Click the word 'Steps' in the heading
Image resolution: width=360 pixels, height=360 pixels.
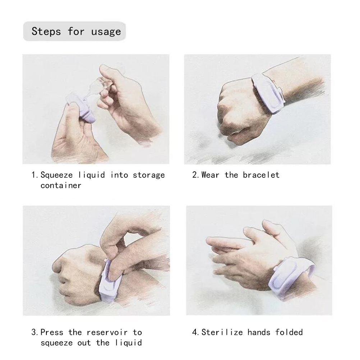tap(46, 31)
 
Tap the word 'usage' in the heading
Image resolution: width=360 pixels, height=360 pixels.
tap(106, 32)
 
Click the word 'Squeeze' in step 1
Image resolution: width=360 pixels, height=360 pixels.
tap(57, 175)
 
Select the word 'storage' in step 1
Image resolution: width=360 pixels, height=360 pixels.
tap(149, 175)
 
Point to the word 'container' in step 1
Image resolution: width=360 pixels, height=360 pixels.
tap(61, 185)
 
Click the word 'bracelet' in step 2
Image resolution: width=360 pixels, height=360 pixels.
tap(261, 175)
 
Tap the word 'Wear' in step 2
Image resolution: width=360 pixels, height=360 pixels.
tap(210, 175)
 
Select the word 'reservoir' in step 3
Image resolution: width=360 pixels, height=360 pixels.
tap(107, 332)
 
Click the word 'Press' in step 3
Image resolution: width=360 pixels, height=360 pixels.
tap(52, 332)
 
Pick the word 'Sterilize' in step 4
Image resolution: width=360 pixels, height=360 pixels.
tap(222, 332)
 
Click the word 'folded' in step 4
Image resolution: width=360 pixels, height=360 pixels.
tap(289, 332)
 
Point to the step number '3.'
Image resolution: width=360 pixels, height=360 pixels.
tap(34, 332)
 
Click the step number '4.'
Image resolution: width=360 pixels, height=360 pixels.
tap(195, 332)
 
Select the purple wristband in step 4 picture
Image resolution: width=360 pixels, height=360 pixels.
tap(292, 278)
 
